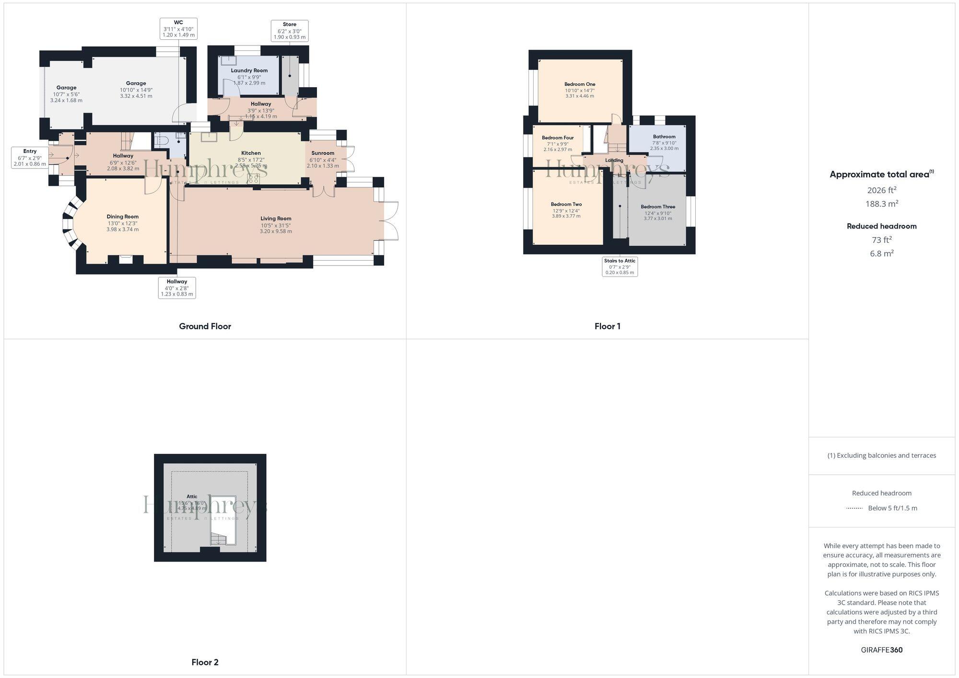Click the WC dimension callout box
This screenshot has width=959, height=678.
click(178, 29)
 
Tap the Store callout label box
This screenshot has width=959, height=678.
click(289, 31)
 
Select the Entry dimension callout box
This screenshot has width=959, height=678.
click(30, 158)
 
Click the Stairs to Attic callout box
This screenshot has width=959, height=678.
click(620, 266)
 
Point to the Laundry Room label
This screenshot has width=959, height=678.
click(249, 70)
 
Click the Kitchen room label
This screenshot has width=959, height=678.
click(251, 153)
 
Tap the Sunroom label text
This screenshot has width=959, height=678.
click(323, 153)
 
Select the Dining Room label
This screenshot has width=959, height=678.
click(123, 217)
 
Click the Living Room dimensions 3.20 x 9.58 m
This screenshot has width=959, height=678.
click(276, 231)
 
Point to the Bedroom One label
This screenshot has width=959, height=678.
click(580, 84)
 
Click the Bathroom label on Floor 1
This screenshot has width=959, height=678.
click(664, 137)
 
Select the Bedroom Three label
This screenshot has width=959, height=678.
click(658, 207)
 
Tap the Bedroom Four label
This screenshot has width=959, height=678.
click(558, 138)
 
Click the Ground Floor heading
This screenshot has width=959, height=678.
click(205, 326)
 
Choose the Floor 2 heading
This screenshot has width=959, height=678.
click(205, 662)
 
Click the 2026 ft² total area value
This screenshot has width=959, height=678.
click(881, 190)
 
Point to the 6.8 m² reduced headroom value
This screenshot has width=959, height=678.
click(881, 253)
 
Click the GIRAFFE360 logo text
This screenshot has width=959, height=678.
click(881, 650)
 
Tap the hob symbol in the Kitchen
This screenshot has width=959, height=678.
click(253, 179)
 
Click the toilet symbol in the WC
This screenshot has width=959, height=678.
click(161, 141)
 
